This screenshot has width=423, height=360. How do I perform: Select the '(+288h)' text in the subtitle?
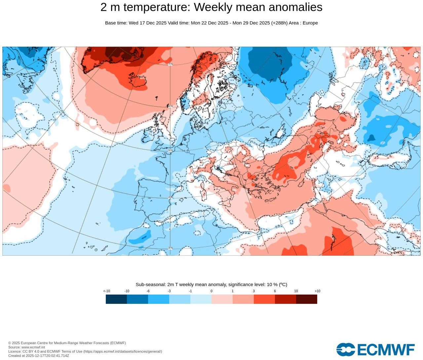tap(279, 23)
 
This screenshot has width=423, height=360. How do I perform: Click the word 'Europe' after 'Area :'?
tap(310, 23)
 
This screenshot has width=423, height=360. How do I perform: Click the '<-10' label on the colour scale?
tap(106, 291)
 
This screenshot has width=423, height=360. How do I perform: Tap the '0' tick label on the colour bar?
tap(211, 291)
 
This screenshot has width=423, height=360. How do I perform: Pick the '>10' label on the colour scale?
tap(317, 291)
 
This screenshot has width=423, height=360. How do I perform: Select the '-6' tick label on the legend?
tap(148, 291)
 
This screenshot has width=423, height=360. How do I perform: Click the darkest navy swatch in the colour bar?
tap(116, 299)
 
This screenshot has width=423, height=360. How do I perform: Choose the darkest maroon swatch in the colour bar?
tap(307, 299)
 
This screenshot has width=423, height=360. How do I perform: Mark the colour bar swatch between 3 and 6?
tap(264, 299)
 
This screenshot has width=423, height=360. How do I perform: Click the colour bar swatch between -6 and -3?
tap(159, 299)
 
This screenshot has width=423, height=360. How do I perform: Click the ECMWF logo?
tap(375, 349)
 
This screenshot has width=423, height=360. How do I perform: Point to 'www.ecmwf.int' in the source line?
tap(33, 347)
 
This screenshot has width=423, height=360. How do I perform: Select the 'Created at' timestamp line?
tap(39, 356)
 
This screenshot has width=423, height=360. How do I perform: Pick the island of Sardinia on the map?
tap(203, 191)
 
